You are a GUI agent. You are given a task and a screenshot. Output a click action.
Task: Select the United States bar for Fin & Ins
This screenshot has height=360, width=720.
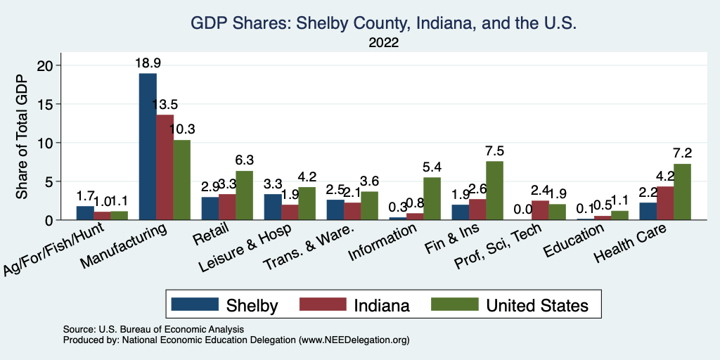pos(494,191)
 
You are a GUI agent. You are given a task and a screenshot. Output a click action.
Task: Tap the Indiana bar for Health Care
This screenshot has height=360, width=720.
pos(665,203)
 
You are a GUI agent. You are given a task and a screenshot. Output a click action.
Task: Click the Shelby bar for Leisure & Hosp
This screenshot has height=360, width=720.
pos(273,207)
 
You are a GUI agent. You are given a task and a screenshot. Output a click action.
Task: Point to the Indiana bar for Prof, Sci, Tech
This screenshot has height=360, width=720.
pos(540,210)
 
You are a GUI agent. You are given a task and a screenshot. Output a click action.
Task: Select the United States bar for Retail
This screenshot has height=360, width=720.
pos(244,195)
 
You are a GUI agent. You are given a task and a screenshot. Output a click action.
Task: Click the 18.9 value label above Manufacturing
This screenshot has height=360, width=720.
pos(148,63)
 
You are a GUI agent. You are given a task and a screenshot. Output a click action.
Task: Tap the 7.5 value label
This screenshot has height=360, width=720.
pos(494,150)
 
